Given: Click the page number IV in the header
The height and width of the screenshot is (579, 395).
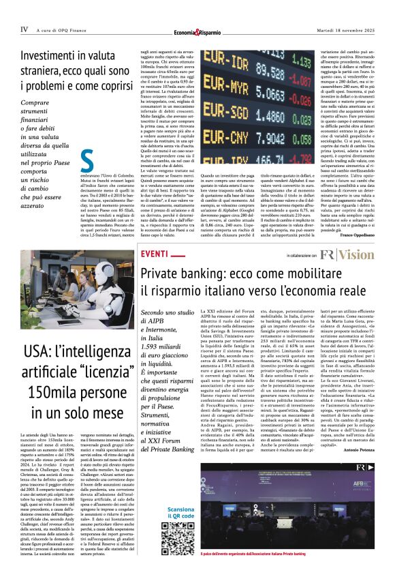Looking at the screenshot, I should click(24, 29).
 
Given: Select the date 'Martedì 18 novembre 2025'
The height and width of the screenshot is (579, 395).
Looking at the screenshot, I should click(346, 29).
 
